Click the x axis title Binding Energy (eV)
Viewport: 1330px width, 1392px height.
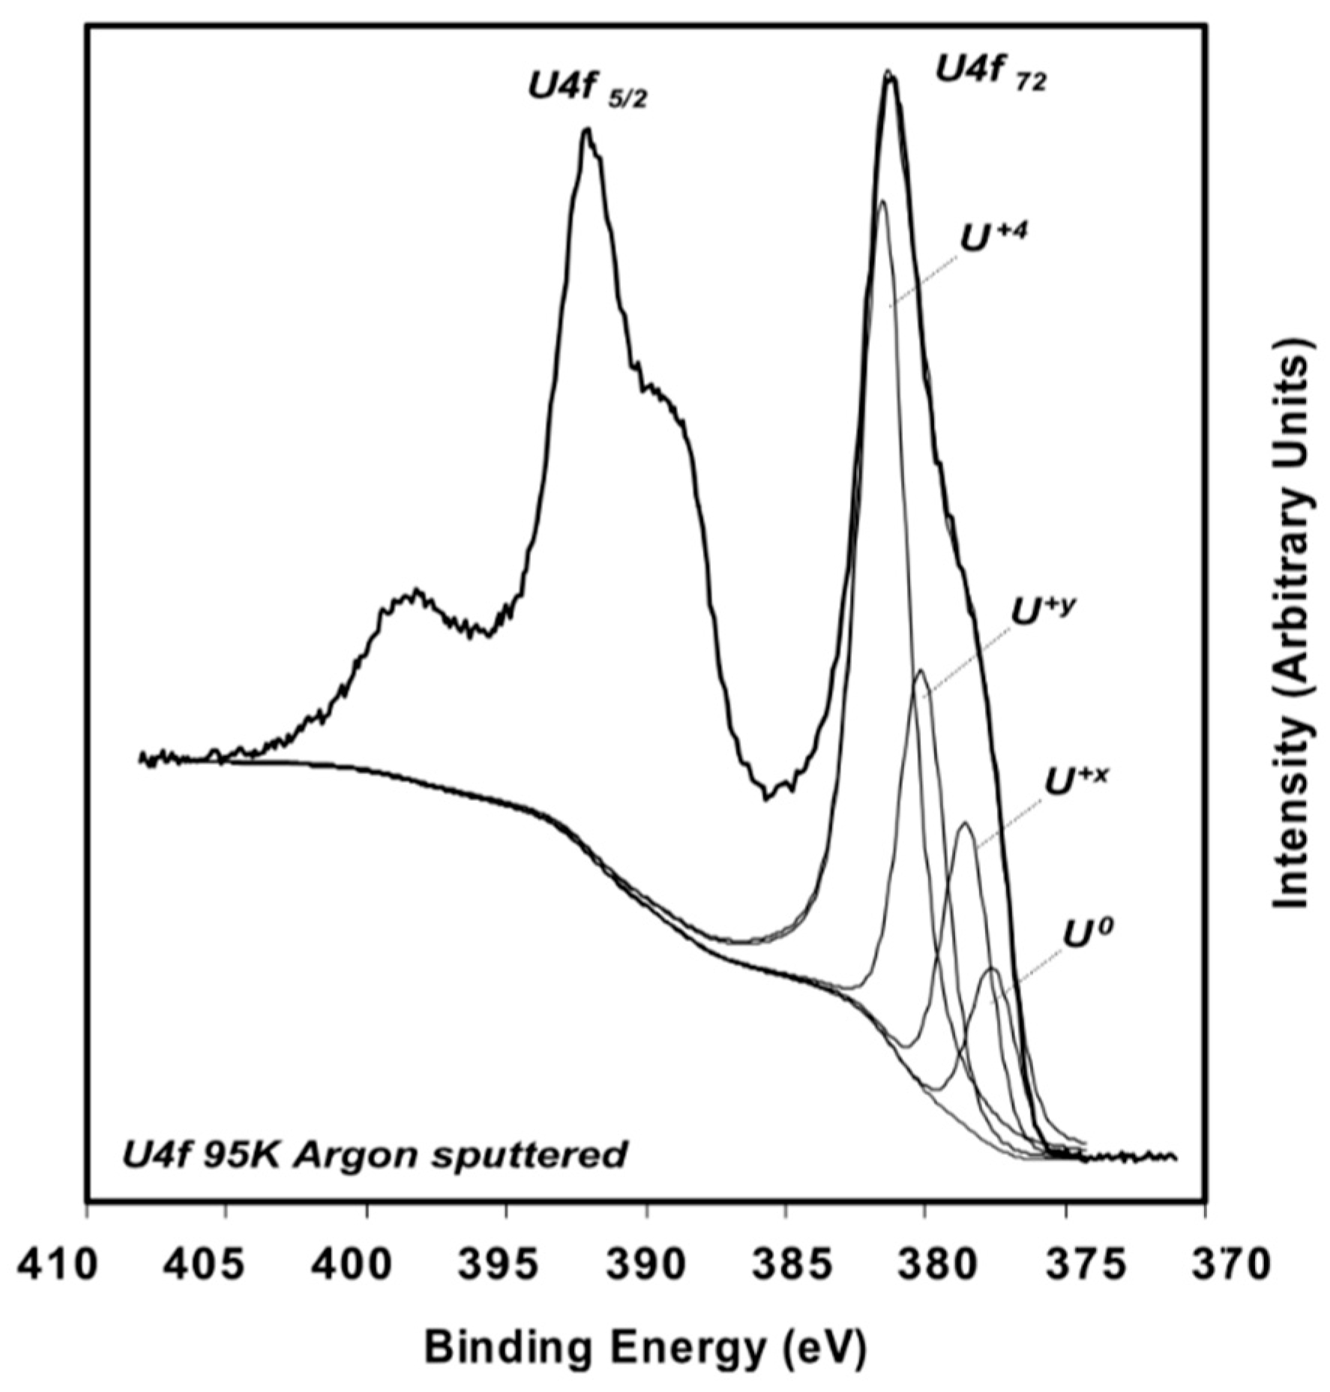(646, 1348)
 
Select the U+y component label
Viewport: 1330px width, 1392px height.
(1043, 609)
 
